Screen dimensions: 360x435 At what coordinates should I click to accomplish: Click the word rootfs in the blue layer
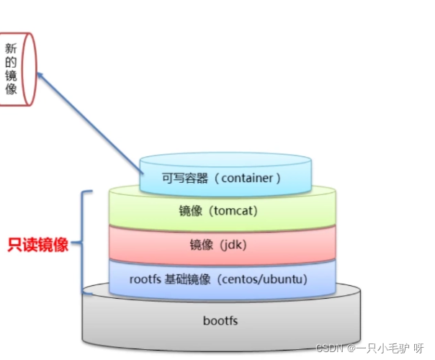(x=144, y=278)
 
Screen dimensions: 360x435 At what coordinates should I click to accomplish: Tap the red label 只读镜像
(x=38, y=245)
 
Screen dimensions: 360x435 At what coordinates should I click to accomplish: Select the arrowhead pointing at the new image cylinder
(x=40, y=73)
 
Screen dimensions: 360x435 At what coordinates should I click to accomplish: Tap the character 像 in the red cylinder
(x=10, y=91)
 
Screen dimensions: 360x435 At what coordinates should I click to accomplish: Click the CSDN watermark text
(x=331, y=347)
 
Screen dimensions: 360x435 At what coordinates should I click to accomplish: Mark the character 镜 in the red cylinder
(x=10, y=76)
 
